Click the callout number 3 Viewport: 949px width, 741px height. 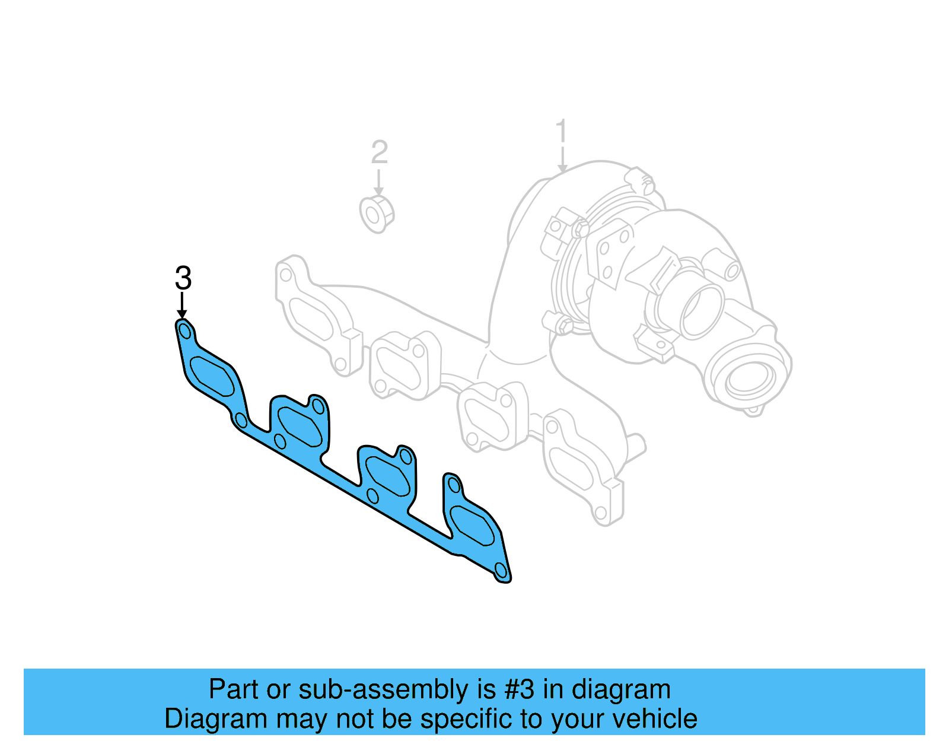pos(183,278)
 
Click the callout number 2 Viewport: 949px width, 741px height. pos(379,152)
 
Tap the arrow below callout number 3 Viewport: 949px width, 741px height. pos(182,306)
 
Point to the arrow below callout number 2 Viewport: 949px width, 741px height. pos(378,182)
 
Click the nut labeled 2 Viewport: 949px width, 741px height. pos(377,213)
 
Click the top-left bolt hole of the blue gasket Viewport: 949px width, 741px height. pos(185,330)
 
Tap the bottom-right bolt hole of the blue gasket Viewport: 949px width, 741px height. pos(501,571)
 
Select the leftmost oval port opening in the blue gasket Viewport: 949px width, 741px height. pos(212,376)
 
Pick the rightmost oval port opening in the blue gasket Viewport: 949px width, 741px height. pos(473,526)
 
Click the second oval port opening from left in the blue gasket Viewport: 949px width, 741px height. pos(299,426)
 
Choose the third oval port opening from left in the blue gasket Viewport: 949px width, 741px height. pos(387,475)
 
